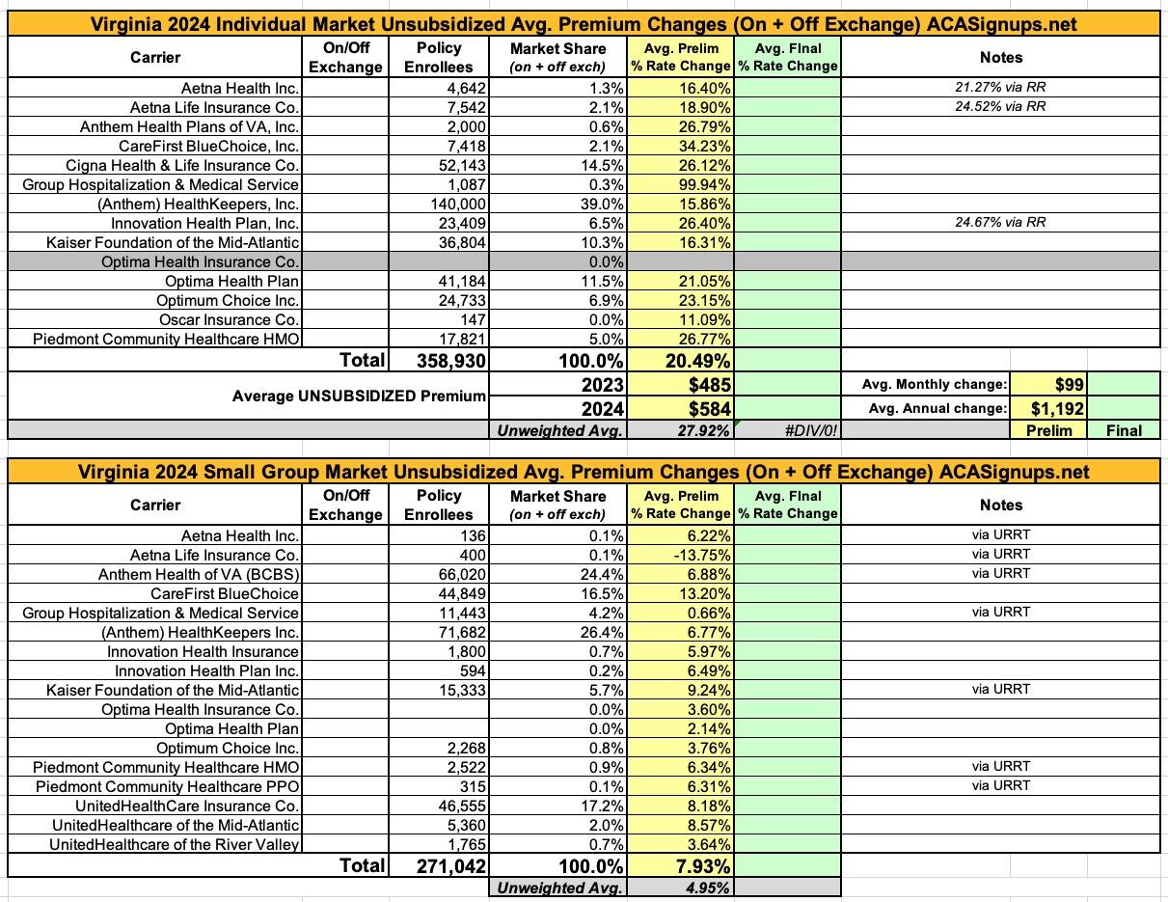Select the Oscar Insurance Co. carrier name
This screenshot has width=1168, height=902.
click(230, 319)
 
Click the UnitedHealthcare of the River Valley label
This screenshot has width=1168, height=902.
click(176, 844)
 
